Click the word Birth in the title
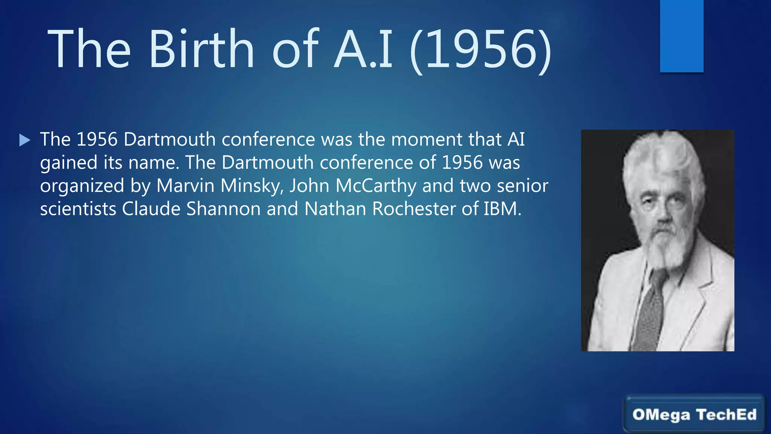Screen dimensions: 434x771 point(202,49)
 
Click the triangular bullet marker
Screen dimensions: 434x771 point(24,140)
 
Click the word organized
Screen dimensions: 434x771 point(82,186)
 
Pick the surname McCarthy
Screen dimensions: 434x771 point(376,186)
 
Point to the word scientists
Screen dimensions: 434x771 point(78,209)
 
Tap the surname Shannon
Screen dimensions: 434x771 point(224,209)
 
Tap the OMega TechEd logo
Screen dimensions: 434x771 point(694,414)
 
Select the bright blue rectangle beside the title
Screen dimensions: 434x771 point(681,36)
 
